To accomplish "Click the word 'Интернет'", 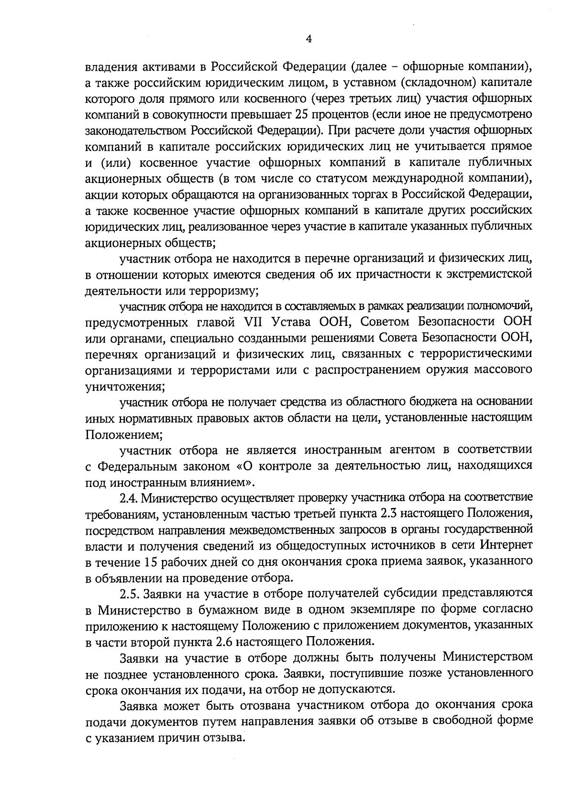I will [x=507, y=545].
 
